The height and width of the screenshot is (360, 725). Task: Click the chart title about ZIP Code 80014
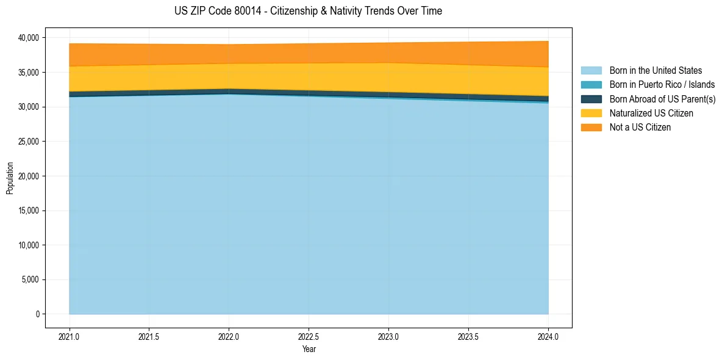(308, 11)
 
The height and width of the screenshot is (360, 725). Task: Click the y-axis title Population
(10, 178)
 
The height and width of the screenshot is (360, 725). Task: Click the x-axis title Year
(309, 349)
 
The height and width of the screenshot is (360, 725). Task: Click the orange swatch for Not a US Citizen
(591, 128)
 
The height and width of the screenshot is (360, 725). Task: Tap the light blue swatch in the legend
(591, 71)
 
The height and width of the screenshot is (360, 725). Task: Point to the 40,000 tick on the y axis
(27, 38)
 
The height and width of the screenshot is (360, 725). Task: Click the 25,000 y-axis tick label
(27, 142)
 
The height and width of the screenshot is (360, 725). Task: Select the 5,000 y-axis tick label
(29, 280)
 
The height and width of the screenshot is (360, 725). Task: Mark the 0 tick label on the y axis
(37, 314)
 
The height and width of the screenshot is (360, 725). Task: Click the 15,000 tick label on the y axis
(27, 211)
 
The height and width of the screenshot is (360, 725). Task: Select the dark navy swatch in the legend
(591, 99)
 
